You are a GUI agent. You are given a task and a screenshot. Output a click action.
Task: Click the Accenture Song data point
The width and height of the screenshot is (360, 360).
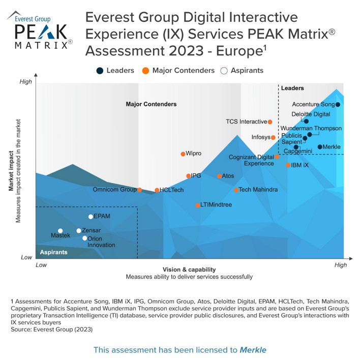click(338, 105)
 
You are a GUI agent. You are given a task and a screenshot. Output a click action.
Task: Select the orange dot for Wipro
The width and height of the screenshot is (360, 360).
click(183, 154)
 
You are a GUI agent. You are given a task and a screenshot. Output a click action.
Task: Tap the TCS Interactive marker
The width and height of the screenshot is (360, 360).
click(270, 122)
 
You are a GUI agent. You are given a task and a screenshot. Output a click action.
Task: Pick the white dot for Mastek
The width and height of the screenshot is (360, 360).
click(60, 231)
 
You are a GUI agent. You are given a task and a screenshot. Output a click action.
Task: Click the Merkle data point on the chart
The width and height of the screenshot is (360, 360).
click(320, 147)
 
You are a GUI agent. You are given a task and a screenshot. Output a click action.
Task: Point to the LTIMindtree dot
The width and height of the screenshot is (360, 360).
click(198, 205)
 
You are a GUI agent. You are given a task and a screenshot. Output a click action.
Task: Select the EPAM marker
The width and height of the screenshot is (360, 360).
click(91, 217)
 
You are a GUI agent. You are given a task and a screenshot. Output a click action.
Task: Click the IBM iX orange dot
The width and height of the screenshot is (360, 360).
click(288, 165)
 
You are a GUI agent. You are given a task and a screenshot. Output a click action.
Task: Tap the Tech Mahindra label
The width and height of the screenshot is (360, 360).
click(258, 190)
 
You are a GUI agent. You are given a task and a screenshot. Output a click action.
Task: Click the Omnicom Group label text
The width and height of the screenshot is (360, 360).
click(114, 190)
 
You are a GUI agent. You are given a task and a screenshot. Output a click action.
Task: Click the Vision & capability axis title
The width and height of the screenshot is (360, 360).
click(189, 269)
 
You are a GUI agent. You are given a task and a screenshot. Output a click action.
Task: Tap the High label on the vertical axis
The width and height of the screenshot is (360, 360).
click(25, 82)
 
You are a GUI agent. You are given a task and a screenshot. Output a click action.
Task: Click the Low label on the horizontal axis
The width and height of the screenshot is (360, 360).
click(41, 265)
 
